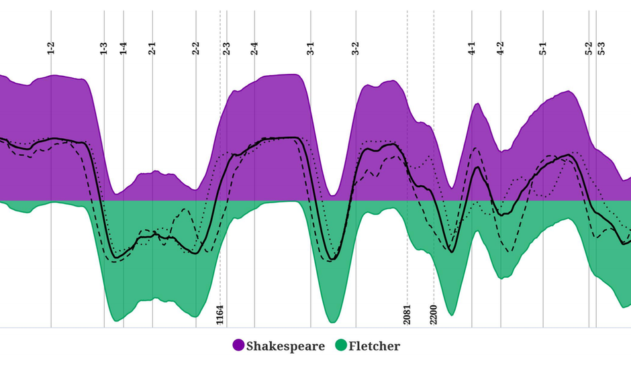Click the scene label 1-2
51,48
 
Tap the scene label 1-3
104,48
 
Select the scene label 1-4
124,48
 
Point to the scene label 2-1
152,48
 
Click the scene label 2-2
196,48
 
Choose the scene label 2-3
227,48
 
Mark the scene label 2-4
254,48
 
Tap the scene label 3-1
310,48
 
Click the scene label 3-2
356,48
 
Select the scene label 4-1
472,48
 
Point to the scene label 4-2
500,48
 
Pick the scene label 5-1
543,48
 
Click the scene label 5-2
589,48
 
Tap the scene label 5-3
601,48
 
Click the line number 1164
220,314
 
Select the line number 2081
407,314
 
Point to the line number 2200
434,314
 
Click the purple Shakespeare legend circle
238,346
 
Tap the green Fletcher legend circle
341,346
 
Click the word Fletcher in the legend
375,346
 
